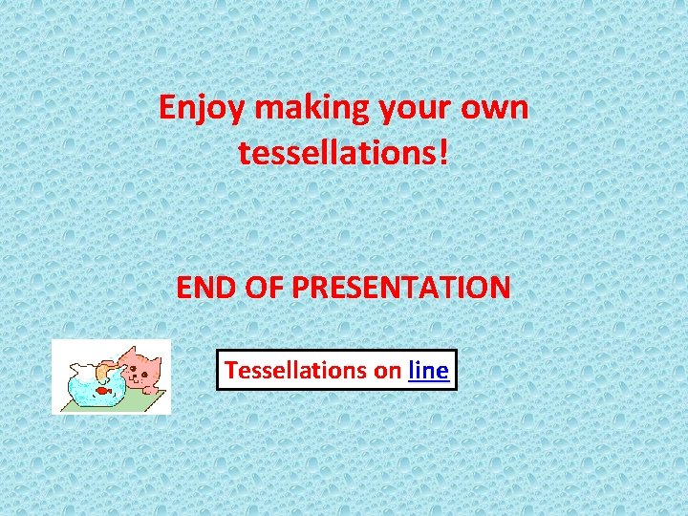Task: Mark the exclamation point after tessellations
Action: click(442, 151)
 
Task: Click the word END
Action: click(205, 288)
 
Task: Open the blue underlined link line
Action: click(428, 370)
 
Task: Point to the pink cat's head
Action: click(143, 367)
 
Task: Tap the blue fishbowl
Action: click(94, 388)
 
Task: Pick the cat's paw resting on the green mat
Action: click(143, 390)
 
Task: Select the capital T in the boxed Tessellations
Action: click(230, 370)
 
